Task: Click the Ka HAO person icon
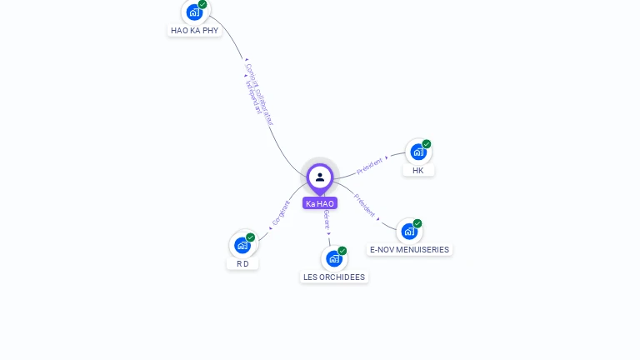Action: click(x=320, y=177)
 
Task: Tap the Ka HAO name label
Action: click(x=320, y=203)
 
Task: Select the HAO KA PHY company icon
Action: click(x=194, y=12)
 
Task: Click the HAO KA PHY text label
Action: click(x=194, y=30)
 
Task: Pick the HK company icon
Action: click(x=417, y=152)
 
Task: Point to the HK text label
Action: click(x=418, y=170)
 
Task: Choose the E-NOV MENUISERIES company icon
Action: click(x=409, y=231)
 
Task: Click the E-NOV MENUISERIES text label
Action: click(x=409, y=249)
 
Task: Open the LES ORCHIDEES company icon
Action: click(x=334, y=258)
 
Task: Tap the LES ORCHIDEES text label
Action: click(x=334, y=277)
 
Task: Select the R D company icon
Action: click(x=242, y=245)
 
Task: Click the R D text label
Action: click(x=242, y=263)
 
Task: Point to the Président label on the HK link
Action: click(x=370, y=166)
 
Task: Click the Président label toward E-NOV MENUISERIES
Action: click(x=365, y=205)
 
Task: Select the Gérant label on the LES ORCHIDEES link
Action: click(x=327, y=221)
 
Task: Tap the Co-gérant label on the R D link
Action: click(x=281, y=213)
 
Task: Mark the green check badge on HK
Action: click(x=427, y=144)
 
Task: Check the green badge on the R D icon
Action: click(x=251, y=237)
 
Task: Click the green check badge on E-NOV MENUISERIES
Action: click(x=417, y=223)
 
